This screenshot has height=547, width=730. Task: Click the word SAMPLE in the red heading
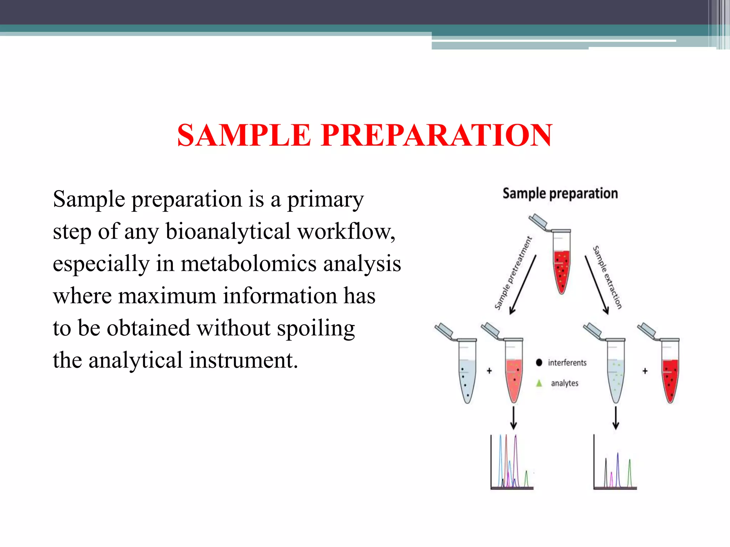pos(244,135)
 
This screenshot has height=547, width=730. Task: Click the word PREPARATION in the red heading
pos(436,135)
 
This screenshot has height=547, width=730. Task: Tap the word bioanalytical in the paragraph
pos(228,231)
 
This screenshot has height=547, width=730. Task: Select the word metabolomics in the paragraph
pos(248,264)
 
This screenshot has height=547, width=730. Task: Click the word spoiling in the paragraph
pos(316,328)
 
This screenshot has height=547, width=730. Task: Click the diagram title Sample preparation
pos(560,193)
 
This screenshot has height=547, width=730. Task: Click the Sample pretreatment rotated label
pos(513,273)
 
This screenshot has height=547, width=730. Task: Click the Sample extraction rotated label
pos(607,277)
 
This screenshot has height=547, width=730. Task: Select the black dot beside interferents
pos(539,363)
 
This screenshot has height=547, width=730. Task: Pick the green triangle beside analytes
pos(539,383)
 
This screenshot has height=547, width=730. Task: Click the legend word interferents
pos(567,363)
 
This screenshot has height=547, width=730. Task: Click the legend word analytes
pos(565,383)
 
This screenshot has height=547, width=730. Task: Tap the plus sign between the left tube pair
pos(489,371)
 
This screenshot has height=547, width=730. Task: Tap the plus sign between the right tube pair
pos(645,371)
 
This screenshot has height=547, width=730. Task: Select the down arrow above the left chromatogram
pos(514,418)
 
